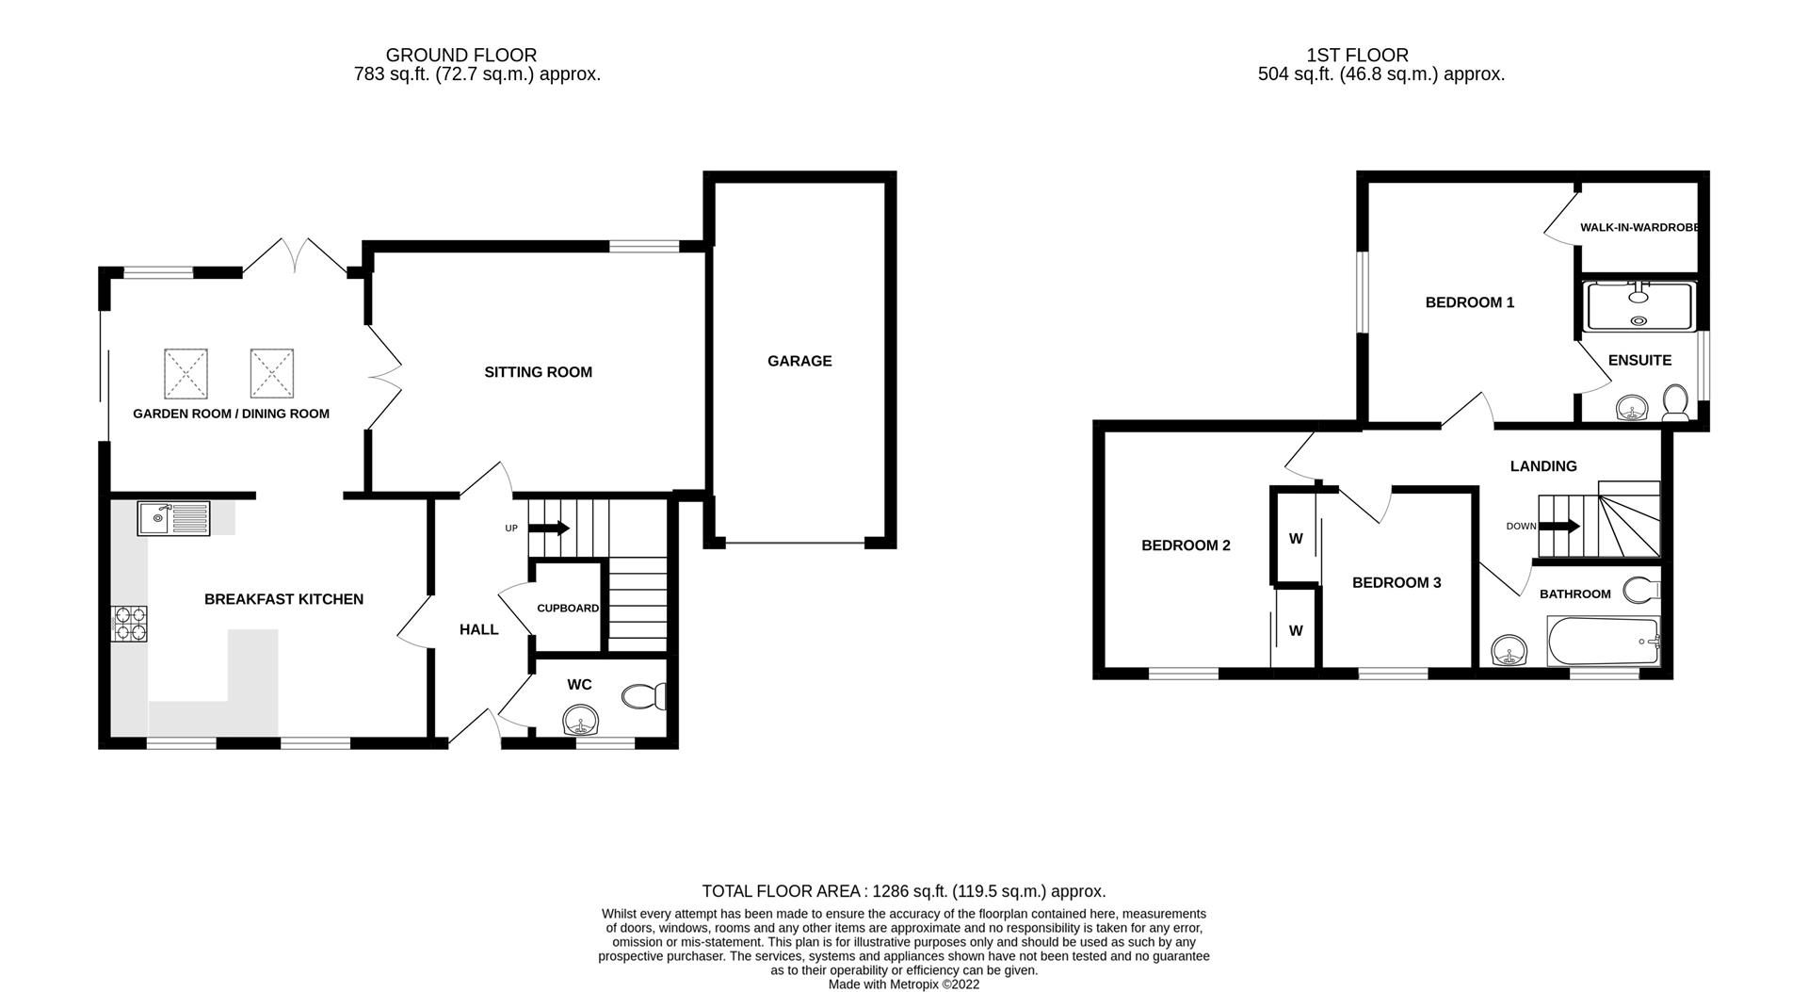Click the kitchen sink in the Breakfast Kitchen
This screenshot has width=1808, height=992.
coord(173,518)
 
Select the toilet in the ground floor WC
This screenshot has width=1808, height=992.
coord(645,696)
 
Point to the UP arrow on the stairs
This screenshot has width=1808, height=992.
coord(549,528)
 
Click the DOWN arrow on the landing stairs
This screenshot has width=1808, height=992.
coord(1558,527)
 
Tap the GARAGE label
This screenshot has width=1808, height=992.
coord(799,361)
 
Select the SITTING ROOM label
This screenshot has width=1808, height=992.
coord(538,372)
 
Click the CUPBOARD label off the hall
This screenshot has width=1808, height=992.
coord(568,609)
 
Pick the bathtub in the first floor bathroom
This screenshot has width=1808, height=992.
coord(1604,642)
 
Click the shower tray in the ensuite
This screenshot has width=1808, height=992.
coord(1639,306)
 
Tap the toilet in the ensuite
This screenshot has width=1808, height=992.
coord(1675,402)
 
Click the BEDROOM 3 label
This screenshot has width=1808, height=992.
coord(1396,583)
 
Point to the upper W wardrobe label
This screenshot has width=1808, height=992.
coord(1296,539)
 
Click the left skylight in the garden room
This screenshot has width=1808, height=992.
coord(186,373)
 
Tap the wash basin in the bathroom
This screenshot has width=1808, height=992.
coord(1510,651)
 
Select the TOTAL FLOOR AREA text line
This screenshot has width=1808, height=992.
coord(903,891)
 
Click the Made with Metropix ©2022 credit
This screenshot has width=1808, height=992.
coord(903,984)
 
